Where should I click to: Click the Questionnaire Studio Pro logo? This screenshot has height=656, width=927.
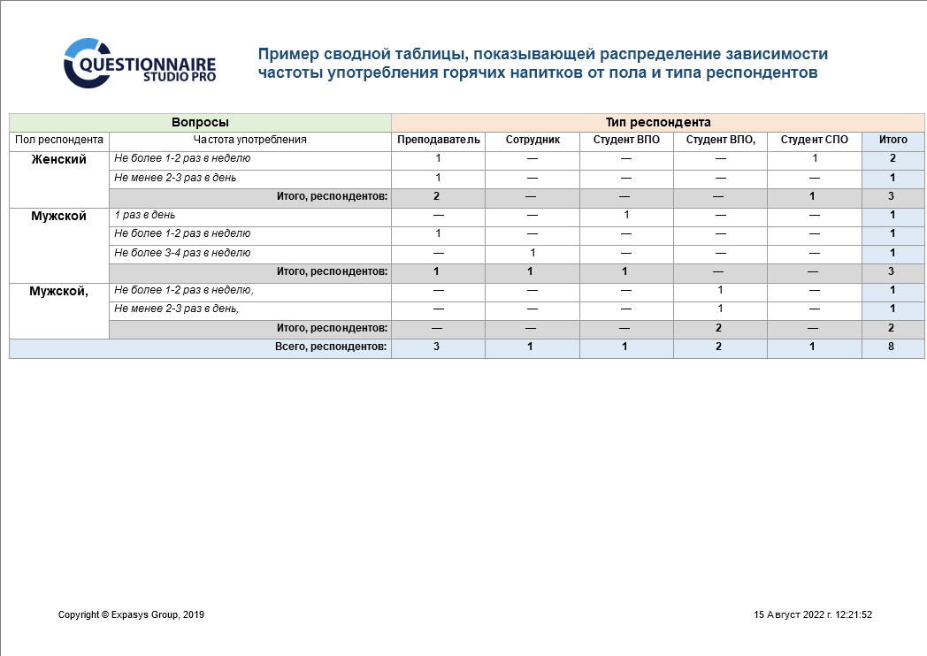pyautogui.click(x=139, y=63)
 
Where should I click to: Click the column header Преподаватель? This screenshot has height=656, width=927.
pyautogui.click(x=438, y=140)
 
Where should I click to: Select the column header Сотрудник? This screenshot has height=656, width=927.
pyautogui.click(x=532, y=140)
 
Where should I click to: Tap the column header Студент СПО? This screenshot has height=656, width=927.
pyautogui.click(x=814, y=140)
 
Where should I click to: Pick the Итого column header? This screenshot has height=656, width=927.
pyautogui.click(x=893, y=140)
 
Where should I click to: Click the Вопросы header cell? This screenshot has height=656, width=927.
pyautogui.click(x=200, y=123)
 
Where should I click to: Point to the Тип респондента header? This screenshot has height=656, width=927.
pyautogui.click(x=657, y=123)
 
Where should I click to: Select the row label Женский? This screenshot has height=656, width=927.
pyautogui.click(x=59, y=160)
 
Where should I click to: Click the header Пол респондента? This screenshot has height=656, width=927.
pyautogui.click(x=59, y=140)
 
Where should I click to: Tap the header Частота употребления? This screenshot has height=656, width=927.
pyautogui.click(x=249, y=140)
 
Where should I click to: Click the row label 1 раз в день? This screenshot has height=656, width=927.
pyautogui.click(x=145, y=215)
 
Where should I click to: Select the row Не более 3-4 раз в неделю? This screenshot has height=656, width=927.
pyautogui.click(x=182, y=253)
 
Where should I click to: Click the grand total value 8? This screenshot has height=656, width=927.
pyautogui.click(x=893, y=347)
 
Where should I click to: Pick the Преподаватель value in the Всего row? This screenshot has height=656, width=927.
pyautogui.click(x=438, y=347)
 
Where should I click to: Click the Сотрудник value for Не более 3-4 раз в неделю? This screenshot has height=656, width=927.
pyautogui.click(x=532, y=253)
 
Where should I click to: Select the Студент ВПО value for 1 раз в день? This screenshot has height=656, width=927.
pyautogui.click(x=626, y=215)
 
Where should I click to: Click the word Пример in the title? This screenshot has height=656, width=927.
pyautogui.click(x=285, y=54)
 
